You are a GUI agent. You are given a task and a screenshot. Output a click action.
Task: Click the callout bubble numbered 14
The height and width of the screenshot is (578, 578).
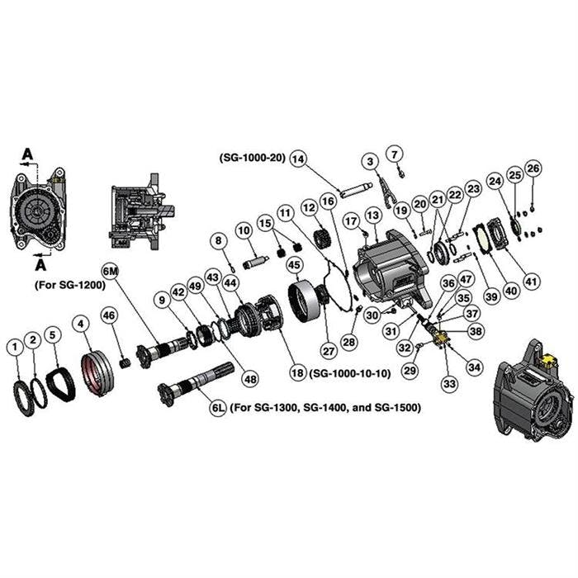click(298, 159)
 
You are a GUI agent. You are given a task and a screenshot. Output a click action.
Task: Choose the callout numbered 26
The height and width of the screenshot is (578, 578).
click(533, 169)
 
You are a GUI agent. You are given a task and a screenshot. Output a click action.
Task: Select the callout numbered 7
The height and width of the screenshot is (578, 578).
click(394, 153)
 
